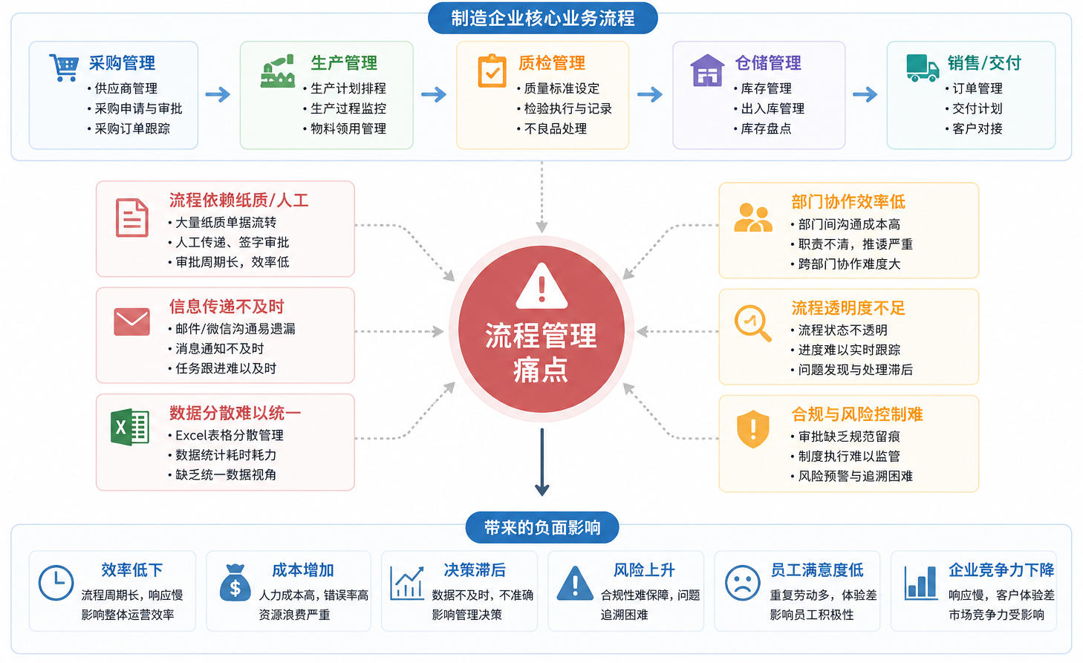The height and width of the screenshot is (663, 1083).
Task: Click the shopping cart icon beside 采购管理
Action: pyautogui.click(x=64, y=68)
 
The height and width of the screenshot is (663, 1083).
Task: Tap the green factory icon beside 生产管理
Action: pyautogui.click(x=278, y=71)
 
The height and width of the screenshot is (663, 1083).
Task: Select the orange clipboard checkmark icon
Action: pyautogui.click(x=492, y=71)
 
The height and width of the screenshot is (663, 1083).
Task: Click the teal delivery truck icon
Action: pyautogui.click(x=923, y=68)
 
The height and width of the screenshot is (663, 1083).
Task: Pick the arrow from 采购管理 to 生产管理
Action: pyautogui.click(x=218, y=94)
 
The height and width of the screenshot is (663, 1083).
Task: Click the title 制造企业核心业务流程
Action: pyautogui.click(x=542, y=19)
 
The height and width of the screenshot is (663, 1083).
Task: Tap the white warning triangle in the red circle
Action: pyautogui.click(x=541, y=286)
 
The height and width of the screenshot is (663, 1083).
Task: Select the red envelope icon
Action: pyautogui.click(x=131, y=321)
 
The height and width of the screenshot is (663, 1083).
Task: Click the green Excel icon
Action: pyautogui.click(x=129, y=427)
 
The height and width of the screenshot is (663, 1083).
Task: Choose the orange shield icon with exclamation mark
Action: pyautogui.click(x=752, y=429)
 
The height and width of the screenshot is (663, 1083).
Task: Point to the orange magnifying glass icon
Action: pyautogui.click(x=752, y=323)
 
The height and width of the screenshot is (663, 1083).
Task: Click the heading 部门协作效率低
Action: pyautogui.click(x=848, y=201)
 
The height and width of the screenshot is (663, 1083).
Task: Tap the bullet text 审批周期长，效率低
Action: pyautogui.click(x=232, y=262)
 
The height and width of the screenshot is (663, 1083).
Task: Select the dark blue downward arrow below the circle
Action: pyautogui.click(x=541, y=462)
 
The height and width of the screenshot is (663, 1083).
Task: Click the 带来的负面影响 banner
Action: pyautogui.click(x=542, y=527)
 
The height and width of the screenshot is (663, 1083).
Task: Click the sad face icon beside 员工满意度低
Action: pyautogui.click(x=743, y=583)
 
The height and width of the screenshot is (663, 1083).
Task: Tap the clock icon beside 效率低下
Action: pyautogui.click(x=56, y=582)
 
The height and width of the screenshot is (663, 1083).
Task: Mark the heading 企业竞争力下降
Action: pyautogui.click(x=1001, y=570)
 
